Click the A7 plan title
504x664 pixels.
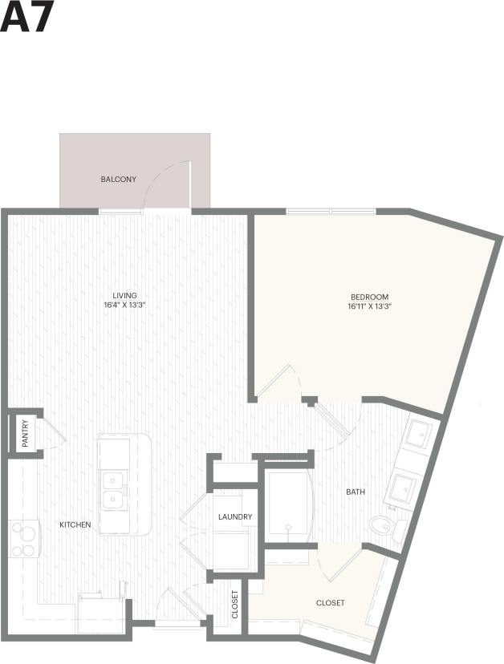(26, 18)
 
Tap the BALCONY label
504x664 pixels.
(118, 180)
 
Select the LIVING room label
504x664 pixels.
(124, 295)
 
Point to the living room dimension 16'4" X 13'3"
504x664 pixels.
(124, 305)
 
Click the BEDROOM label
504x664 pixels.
(368, 296)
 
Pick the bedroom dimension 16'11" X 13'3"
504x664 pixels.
(368, 306)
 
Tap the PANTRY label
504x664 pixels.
(25, 434)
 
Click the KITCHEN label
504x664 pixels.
(75, 525)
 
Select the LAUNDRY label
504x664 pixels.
(235, 517)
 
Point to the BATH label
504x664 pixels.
(356, 492)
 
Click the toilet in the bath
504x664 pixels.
(382, 526)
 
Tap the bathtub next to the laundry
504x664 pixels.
(287, 504)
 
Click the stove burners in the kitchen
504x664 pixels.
(25, 539)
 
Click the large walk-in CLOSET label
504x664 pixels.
(330, 603)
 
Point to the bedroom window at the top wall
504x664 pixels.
(331, 212)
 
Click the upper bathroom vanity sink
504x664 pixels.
(419, 438)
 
